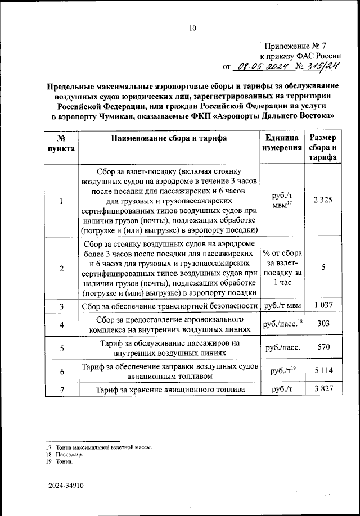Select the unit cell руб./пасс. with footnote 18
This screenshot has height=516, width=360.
point(282,324)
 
